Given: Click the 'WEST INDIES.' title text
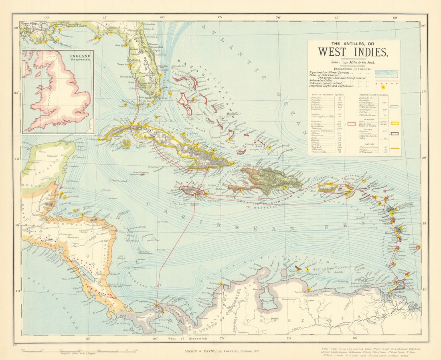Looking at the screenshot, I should coord(353,52).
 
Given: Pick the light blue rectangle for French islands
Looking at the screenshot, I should coord(394,107).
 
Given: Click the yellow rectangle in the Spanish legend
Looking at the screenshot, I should coord(394,123).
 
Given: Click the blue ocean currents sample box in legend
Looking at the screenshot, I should coord(385,73).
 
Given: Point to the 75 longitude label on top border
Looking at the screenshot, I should coord(220,17).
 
